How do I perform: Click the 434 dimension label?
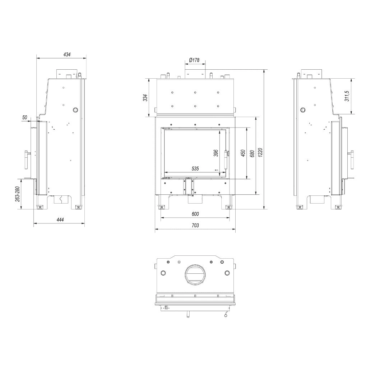67,55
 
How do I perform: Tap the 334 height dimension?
145,97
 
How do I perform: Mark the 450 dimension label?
243,153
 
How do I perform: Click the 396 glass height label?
216,153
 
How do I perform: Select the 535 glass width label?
195,168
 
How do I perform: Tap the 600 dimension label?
195,214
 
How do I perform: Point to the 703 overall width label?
195,225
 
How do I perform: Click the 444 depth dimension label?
59,220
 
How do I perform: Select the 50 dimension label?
25,117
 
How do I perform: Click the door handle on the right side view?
352,159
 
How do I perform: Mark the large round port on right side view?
303,110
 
